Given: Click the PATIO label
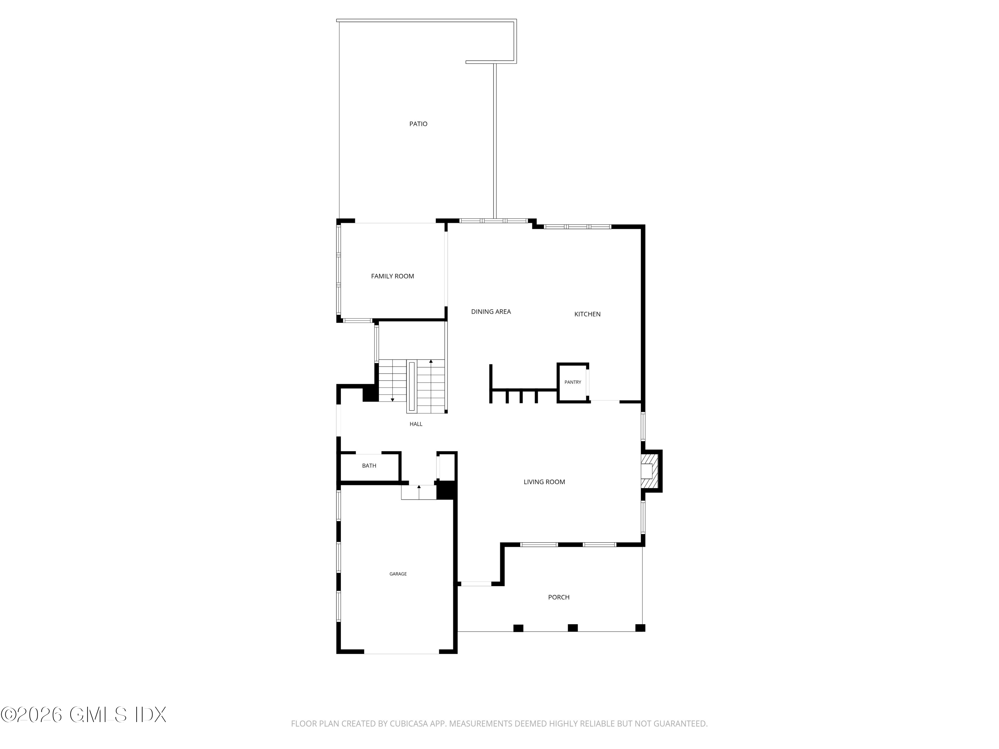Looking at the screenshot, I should [418, 124].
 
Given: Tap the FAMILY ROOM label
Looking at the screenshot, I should [393, 276].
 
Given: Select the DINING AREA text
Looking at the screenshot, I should [491, 312].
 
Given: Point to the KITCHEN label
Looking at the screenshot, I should [587, 314].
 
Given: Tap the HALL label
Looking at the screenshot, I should [416, 424].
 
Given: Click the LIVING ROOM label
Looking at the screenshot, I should [544, 482].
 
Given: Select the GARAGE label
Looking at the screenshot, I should [398, 574].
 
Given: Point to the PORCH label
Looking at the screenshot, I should [559, 597].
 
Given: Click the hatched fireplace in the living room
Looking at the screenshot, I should [649, 471].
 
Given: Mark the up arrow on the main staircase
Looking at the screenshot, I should [431, 362].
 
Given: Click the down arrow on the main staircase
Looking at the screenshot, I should [393, 399].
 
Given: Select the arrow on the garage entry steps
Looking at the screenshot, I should [419, 487].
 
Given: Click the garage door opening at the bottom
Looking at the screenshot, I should [402, 653].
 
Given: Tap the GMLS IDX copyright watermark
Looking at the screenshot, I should [84, 715].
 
